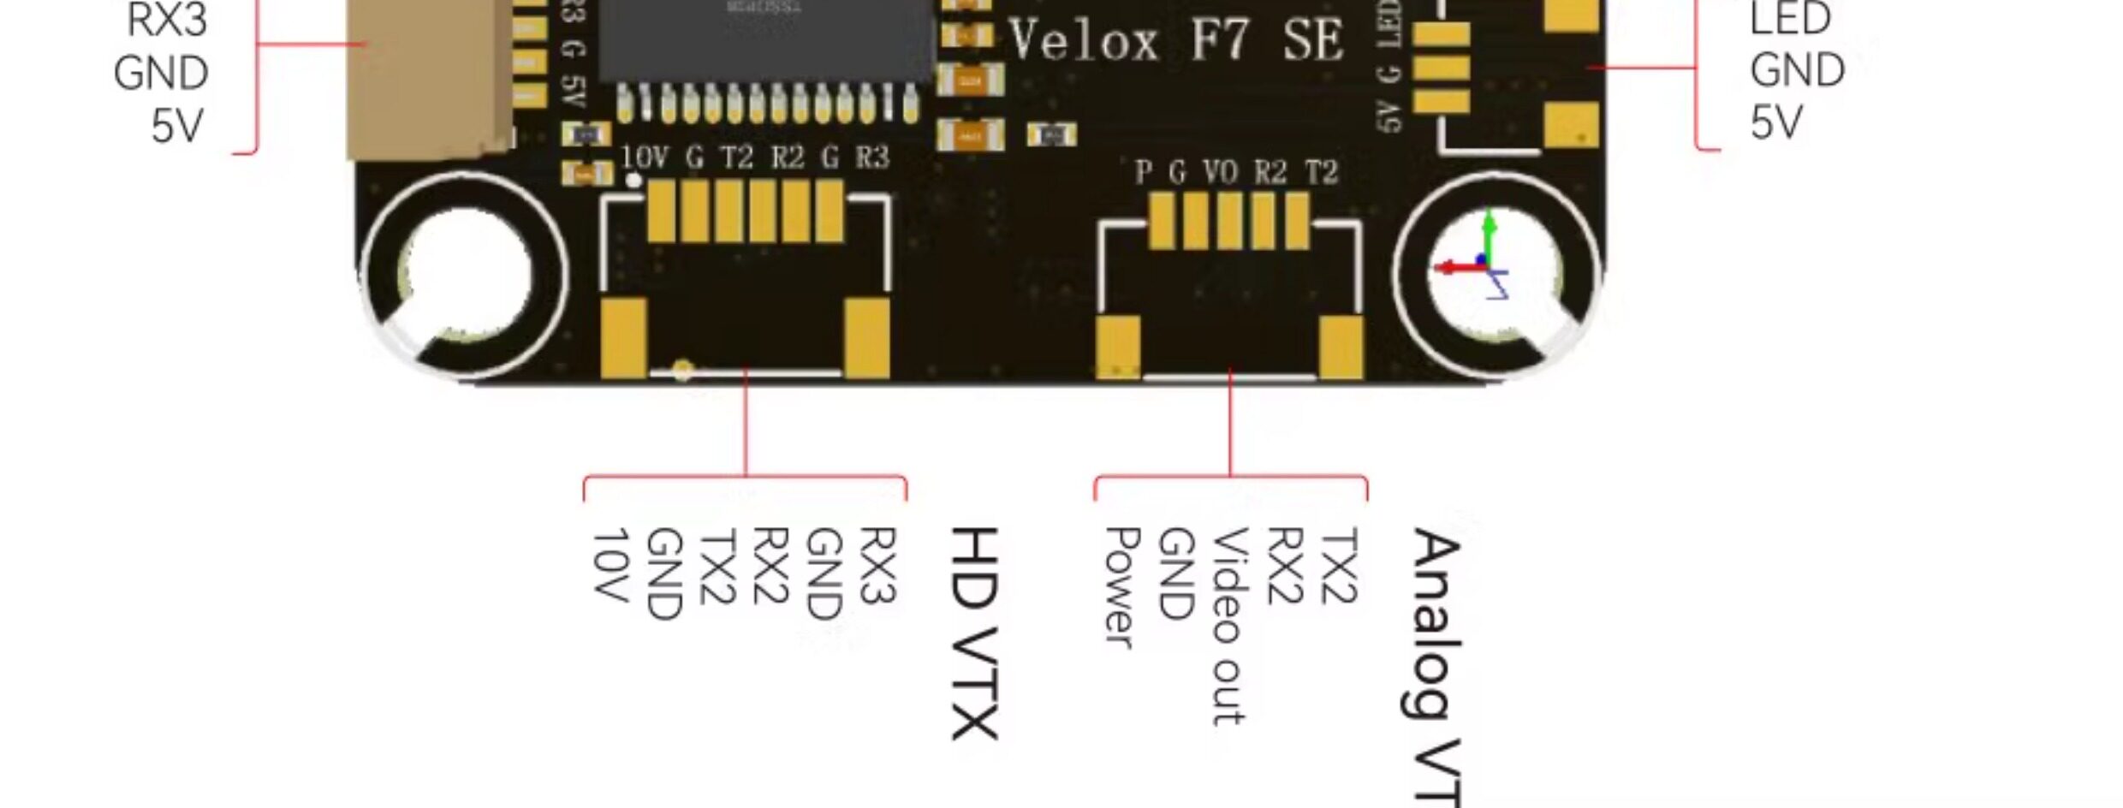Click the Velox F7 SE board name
pyautogui.click(x=1174, y=41)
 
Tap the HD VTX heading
pyautogui.click(x=974, y=633)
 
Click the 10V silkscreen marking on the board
pyautogui.click(x=644, y=157)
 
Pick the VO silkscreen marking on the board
pyautogui.click(x=1221, y=173)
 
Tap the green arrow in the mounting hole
pyautogui.click(x=1490, y=231)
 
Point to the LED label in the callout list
pyautogui.click(x=1789, y=19)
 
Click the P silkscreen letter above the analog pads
pyautogui.click(x=1143, y=173)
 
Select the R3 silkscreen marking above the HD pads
pyautogui.click(x=872, y=157)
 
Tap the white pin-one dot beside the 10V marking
pyautogui.click(x=634, y=180)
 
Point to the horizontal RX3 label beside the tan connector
pyautogui.click(x=167, y=21)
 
